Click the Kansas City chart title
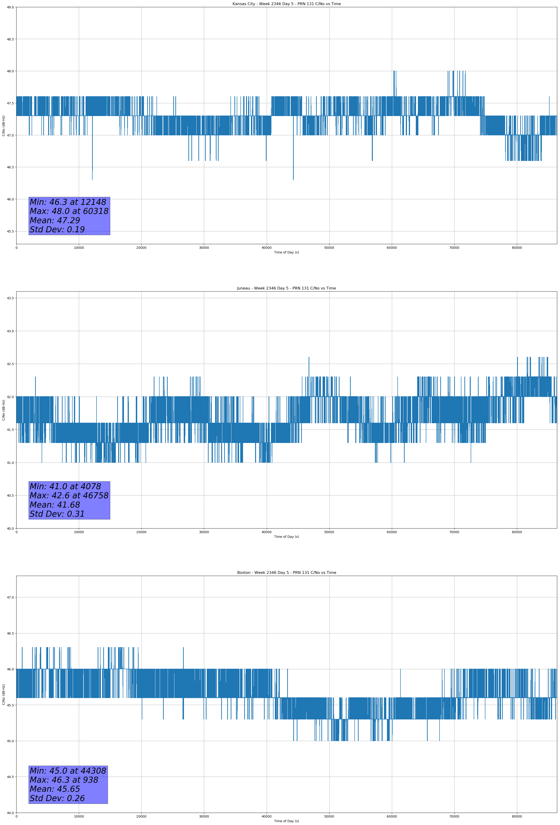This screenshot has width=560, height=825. (286, 4)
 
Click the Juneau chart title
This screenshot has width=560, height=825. (286, 288)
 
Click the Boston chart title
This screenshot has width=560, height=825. (286, 573)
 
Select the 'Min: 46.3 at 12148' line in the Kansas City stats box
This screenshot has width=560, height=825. (68, 202)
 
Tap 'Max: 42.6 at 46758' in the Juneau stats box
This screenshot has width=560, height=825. (69, 496)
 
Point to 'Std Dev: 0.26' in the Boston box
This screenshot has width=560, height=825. (57, 798)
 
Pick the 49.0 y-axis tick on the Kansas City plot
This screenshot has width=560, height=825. (10, 7)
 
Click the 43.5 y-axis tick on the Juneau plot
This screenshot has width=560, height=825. (10, 298)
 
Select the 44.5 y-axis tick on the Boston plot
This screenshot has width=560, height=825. (10, 777)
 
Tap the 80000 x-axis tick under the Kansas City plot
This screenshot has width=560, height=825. (517, 248)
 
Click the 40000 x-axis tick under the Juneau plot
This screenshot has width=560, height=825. (266, 532)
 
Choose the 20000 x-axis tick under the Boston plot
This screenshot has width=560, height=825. (141, 816)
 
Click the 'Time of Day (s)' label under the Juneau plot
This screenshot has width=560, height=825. (286, 537)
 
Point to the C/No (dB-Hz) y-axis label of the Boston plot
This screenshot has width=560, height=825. (3, 694)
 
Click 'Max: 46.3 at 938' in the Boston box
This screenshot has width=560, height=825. (64, 780)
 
